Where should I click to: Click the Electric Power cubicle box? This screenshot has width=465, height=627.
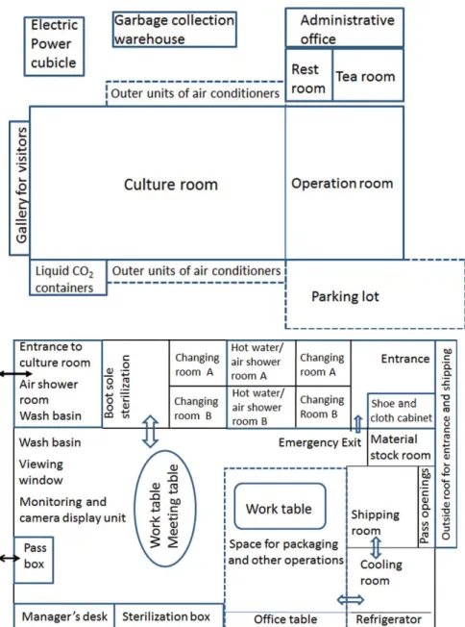coord(54,46)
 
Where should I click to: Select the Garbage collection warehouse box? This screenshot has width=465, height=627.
coord(175,29)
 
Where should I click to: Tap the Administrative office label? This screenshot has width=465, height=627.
coord(347,29)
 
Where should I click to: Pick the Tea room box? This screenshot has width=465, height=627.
coord(368,75)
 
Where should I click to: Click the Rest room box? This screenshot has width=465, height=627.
coord(308,75)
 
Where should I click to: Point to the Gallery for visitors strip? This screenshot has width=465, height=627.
coord(19,188)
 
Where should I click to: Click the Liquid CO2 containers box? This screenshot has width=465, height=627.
coord(68,278)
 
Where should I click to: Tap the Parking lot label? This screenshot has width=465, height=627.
coord(345,296)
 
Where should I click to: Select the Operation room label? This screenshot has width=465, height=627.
coord(342,184)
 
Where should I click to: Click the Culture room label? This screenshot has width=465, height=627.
coord(171,185)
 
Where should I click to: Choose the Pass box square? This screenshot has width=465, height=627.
coord(34,560)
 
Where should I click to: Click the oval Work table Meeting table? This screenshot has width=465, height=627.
coord(165,509)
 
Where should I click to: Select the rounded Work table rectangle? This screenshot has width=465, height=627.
coord(280,506)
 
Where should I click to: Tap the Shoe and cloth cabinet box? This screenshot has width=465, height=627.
coord(401,411)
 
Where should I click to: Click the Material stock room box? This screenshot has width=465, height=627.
coord(401,447)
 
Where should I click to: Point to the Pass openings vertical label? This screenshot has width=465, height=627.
coord(425,506)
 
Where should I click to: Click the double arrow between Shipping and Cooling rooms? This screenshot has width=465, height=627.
coord(376,548)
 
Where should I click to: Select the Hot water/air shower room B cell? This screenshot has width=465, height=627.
coord(261,407)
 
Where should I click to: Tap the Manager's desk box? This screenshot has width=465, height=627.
coord(64,615)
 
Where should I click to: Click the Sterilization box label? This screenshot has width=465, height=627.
coord(166,616)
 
